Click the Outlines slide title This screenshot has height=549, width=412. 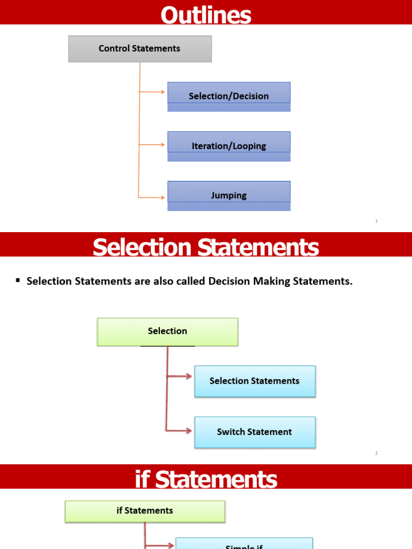click(206, 14)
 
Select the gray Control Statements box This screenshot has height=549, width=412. click(140, 49)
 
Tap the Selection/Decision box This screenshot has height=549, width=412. click(229, 96)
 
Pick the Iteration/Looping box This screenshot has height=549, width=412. click(229, 146)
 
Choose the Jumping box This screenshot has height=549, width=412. click(229, 195)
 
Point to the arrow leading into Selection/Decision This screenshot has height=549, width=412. click(153, 92)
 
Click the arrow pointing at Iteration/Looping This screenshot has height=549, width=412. click(153, 144)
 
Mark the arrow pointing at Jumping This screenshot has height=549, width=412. click(153, 197)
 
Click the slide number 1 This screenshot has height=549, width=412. click(377, 221)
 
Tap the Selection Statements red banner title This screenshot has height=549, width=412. click(206, 248)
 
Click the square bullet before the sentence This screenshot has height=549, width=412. click(18, 280)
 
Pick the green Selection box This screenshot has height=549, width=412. click(167, 331)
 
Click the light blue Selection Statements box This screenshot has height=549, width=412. click(255, 381)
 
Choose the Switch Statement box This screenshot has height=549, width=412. click(255, 432)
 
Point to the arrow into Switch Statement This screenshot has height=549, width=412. click(180, 430)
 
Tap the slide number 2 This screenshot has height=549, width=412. click(377, 453)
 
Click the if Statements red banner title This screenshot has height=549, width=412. click(206, 479)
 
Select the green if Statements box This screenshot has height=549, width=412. click(145, 511)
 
